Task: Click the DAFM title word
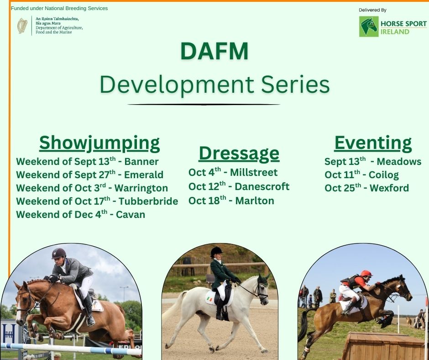tap(214, 51)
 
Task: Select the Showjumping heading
tap(99, 143)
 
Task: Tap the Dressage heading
tap(239, 154)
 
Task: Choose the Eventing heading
tap(373, 143)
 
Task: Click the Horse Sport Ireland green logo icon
tap(369, 26)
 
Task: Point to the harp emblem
tap(22, 26)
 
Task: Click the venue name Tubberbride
tap(148, 201)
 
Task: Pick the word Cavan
tap(131, 214)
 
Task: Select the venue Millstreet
tap(254, 172)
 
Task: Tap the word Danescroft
tap(262, 186)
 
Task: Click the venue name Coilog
tap(383, 175)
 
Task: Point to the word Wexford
tap(389, 188)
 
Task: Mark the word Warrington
tap(141, 188)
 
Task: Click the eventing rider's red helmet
tap(366, 273)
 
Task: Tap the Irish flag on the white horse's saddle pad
tap(209, 299)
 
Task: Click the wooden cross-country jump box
tap(383, 346)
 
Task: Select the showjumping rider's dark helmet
tap(58, 254)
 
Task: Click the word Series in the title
tap(295, 84)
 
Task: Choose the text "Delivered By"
tap(372, 10)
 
